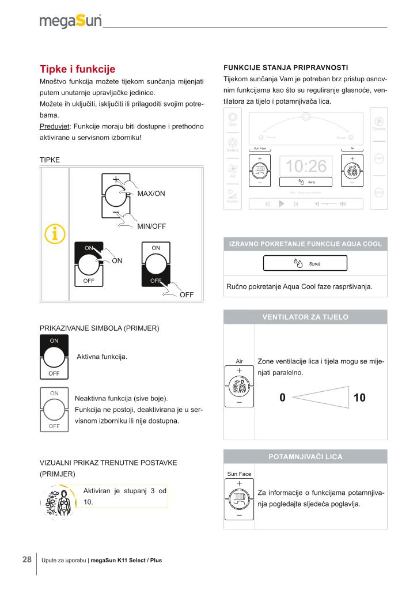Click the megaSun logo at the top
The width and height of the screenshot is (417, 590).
tap(71, 20)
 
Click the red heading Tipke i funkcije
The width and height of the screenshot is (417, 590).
tap(77, 69)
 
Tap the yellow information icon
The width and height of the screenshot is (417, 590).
tap(55, 234)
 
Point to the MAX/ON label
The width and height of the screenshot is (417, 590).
tap(151, 194)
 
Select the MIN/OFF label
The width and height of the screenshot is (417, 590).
tap(151, 226)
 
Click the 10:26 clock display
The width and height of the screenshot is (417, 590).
tap(306, 166)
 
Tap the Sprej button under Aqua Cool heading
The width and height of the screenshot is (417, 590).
tap(305, 263)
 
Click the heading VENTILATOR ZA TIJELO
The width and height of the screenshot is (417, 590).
tap(305, 317)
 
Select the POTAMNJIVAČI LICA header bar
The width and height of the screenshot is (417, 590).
tap(305, 456)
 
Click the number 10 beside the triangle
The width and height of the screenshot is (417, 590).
tap(359, 398)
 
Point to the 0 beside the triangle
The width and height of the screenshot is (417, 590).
tap(282, 398)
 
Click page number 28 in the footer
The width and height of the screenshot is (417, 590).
tap(27, 559)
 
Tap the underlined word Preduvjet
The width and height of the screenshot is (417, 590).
tap(55, 126)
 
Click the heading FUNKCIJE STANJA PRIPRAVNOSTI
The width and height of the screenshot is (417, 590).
tap(286, 68)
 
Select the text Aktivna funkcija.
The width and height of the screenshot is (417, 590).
tap(102, 357)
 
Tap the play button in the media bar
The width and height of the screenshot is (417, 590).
tap(281, 204)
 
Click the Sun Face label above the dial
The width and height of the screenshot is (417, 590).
tap(239, 474)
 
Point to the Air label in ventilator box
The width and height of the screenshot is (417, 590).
tap(239, 361)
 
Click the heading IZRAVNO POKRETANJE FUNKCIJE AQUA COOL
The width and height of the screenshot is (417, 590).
tap(305, 244)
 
